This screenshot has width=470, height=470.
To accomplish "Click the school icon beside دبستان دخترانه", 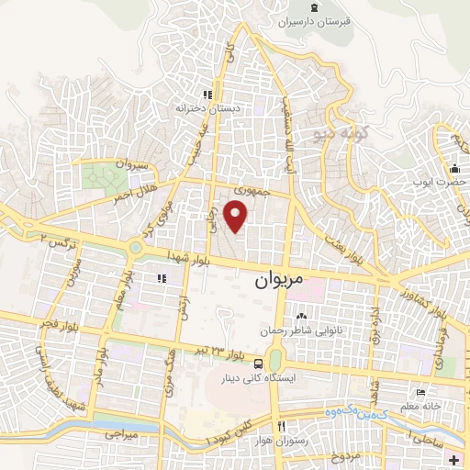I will click(x=207, y=94).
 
